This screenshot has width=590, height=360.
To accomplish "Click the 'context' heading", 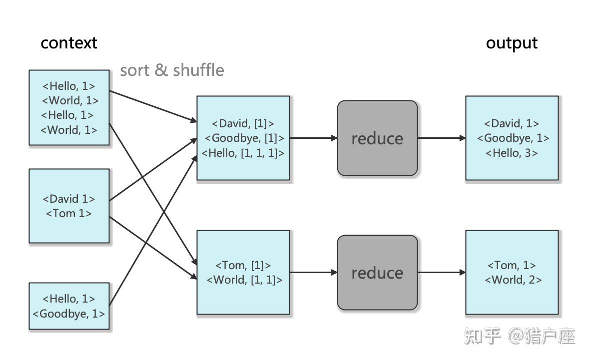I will [x=69, y=43].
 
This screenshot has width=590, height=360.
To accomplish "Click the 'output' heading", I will [x=512, y=43].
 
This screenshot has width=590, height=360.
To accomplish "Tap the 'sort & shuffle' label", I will [x=172, y=70].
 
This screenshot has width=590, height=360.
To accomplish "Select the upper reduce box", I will [x=377, y=138].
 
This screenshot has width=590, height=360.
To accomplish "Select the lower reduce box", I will [x=377, y=273].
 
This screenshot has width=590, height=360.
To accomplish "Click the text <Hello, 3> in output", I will [x=512, y=153].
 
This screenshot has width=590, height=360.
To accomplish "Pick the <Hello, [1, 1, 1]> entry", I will [x=243, y=153].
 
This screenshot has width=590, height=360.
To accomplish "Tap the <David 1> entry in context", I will [x=69, y=199].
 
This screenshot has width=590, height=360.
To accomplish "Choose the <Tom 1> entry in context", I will [x=69, y=213].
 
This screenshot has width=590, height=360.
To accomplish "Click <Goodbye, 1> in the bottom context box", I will [x=69, y=314].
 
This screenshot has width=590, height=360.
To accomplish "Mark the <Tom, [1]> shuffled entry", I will [x=243, y=265].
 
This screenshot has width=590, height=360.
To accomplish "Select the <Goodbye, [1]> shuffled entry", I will [x=243, y=138].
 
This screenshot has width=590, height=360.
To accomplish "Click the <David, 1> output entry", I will [x=512, y=123].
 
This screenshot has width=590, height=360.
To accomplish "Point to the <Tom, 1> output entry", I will [x=512, y=265].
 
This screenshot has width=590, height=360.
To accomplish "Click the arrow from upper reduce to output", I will [x=441, y=138].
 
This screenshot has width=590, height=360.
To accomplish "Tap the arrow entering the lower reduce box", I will [x=313, y=273].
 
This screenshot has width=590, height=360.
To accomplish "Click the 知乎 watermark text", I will [x=482, y=336].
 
